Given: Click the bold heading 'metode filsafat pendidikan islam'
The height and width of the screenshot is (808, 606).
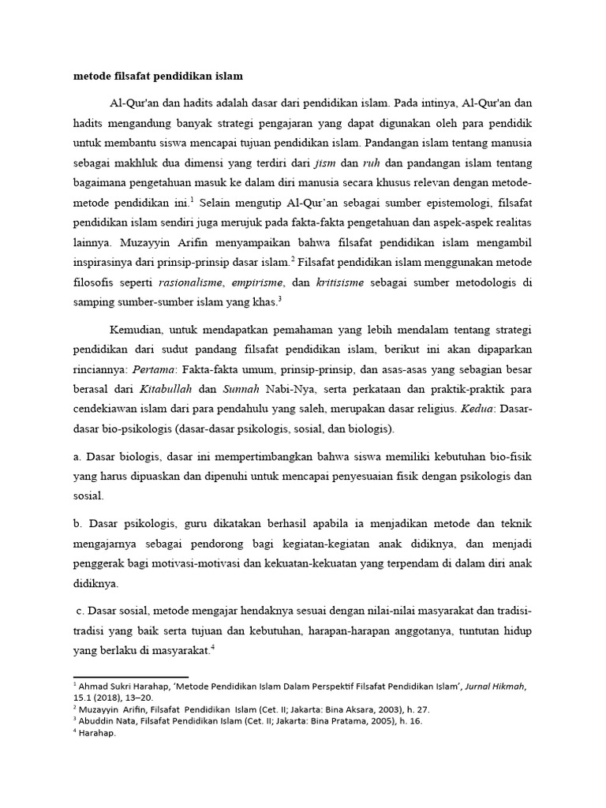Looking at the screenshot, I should pyautogui.click(x=159, y=77).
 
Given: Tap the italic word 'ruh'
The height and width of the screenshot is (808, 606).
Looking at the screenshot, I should pyautogui.click(x=372, y=163).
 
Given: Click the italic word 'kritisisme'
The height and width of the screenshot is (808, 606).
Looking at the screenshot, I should pyautogui.click(x=340, y=282).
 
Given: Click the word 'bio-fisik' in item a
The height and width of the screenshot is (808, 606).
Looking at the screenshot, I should pyautogui.click(x=511, y=456).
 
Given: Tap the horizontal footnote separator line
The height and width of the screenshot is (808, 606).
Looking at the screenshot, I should pyautogui.click(x=131, y=676).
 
